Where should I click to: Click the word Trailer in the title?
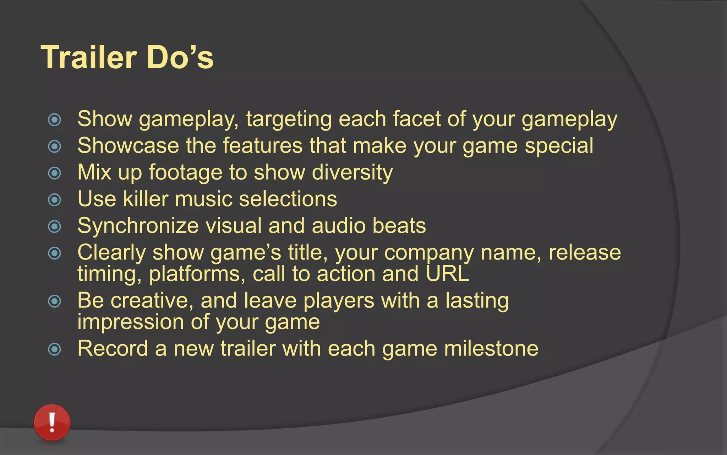(89, 57)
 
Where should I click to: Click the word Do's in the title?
(180, 57)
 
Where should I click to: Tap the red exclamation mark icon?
(52, 422)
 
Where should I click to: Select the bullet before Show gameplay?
(54, 120)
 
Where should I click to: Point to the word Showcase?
(128, 145)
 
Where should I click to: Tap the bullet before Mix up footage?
(54, 173)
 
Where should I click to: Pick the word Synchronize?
(138, 226)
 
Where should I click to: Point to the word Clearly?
(111, 253)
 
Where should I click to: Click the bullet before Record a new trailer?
(54, 349)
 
